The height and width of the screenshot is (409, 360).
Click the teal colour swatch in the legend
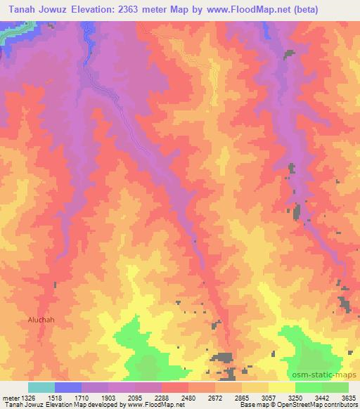[41, 388]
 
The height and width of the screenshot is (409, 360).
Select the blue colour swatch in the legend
[68, 388]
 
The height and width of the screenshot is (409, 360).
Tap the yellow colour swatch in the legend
[281, 388]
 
